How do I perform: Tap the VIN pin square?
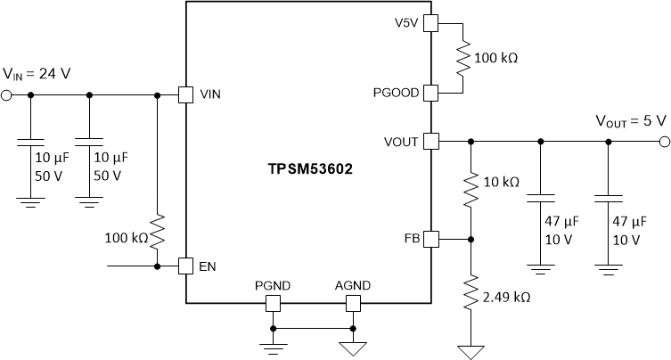pyautogui.click(x=185, y=94)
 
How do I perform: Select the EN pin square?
pyautogui.click(x=185, y=266)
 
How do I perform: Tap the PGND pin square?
pyautogui.click(x=272, y=304)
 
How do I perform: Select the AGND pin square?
pyautogui.click(x=353, y=304)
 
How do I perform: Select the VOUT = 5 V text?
pyautogui.click(x=627, y=121)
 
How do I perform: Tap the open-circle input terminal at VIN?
pyautogui.click(x=6, y=94)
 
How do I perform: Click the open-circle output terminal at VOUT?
pyautogui.click(x=664, y=141)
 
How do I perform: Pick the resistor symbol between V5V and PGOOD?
pyautogui.click(x=463, y=57)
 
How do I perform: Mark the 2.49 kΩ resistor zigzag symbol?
pyautogui.click(x=471, y=292)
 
